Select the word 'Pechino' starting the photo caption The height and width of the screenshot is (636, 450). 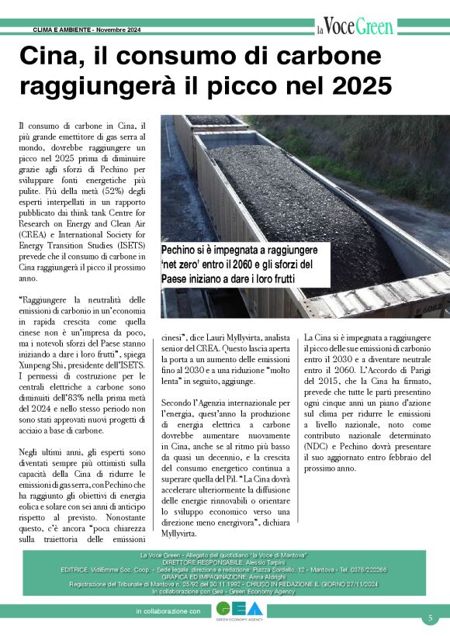pyautogui.click(x=182, y=251)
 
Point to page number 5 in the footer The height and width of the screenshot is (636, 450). pyautogui.click(x=429, y=618)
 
